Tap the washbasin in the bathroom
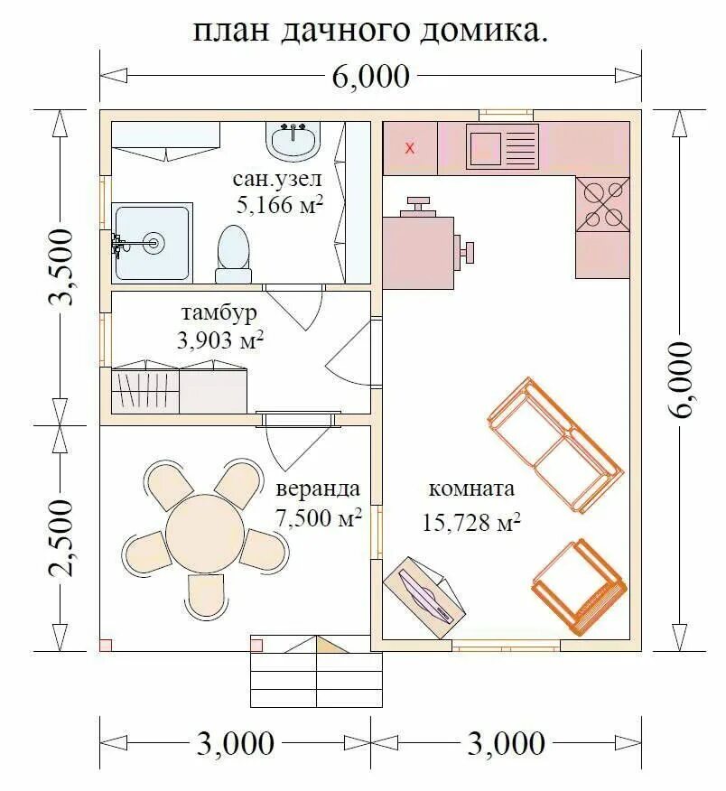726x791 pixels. [293, 141]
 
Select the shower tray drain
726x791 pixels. [154, 243]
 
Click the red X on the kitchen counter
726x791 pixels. [411, 148]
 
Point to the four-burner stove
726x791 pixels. [602, 204]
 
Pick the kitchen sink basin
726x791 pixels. [484, 149]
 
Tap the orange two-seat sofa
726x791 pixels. [555, 445]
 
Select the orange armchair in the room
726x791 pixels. [579, 587]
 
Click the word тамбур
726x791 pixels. [219, 312]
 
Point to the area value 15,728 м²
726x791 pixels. [470, 523]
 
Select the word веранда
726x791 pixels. [318, 489]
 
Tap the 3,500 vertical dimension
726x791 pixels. [61, 267]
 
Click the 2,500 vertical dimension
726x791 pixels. [61, 538]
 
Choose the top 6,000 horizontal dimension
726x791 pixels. [371, 77]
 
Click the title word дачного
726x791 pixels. [345, 32]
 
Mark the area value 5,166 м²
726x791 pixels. [279, 204]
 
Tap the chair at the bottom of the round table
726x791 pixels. [205, 594]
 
